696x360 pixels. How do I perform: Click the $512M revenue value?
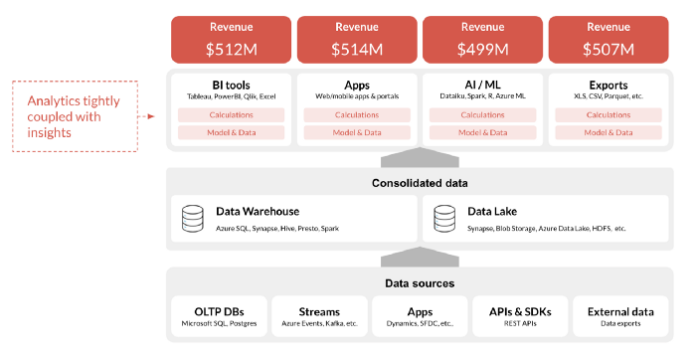point(230,47)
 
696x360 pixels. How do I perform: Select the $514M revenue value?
point(356,47)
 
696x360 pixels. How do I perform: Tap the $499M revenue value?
point(481,47)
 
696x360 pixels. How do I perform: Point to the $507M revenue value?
point(608,47)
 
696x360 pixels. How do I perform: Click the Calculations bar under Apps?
point(356,114)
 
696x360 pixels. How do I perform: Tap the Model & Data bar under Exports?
point(608,132)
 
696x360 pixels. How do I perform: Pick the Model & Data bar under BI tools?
point(230,132)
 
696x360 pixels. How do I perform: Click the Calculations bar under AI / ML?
point(481,114)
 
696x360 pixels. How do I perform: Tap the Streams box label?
point(318,310)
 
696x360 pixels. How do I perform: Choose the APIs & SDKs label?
point(520,310)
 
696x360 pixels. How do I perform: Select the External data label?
point(620,310)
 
